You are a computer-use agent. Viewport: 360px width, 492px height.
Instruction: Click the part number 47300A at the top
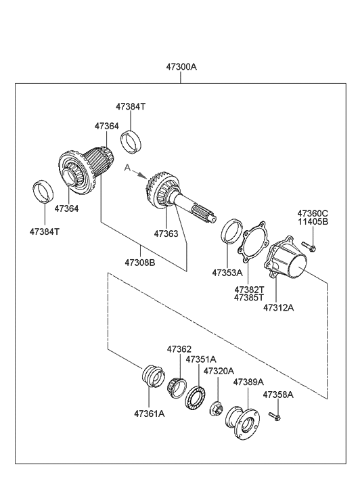[181, 68]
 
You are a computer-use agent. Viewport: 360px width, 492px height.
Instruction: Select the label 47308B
[139, 262]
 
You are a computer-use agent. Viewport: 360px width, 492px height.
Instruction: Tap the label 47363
[165, 233]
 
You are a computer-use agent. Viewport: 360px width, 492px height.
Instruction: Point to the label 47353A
[227, 273]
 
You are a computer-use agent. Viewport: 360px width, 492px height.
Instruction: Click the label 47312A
[278, 307]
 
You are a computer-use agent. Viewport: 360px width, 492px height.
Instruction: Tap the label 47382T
[249, 288]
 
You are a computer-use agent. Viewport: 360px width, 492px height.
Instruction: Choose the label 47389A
[248, 382]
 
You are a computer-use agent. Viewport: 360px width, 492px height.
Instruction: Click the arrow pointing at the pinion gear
[140, 174]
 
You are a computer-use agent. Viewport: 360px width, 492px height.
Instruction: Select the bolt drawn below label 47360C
[307, 246]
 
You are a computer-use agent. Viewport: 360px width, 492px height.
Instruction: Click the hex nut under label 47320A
[218, 408]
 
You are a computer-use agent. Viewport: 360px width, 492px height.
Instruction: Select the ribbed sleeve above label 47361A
[152, 376]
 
